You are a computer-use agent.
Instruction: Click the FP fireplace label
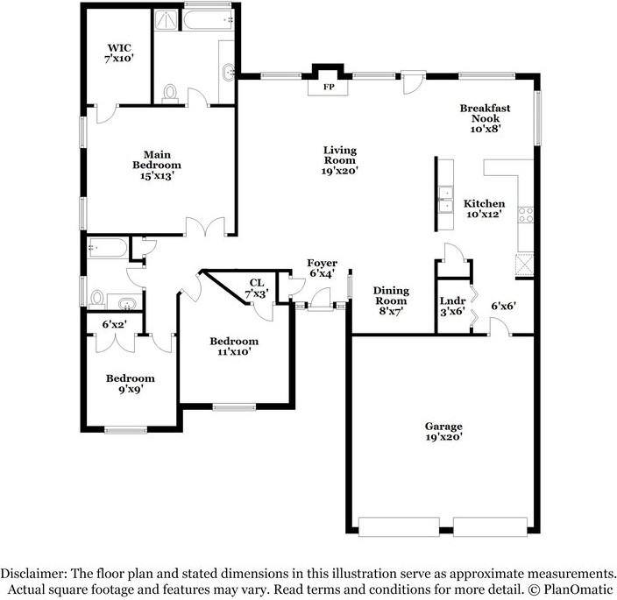click(329, 88)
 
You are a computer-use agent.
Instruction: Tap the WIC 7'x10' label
click(119, 53)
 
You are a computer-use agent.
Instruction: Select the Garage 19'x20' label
click(443, 431)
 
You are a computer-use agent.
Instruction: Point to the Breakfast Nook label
click(486, 118)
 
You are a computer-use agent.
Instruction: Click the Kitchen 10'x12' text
click(484, 208)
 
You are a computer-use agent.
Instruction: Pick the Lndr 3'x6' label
click(452, 306)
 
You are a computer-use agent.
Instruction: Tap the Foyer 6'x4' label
click(323, 268)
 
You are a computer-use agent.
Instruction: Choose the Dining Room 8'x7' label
click(391, 300)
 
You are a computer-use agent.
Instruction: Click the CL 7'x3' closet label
click(257, 288)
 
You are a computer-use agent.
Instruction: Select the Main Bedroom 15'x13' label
click(157, 165)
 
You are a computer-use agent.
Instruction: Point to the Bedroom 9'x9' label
click(131, 384)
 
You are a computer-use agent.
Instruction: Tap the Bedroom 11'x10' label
click(234, 346)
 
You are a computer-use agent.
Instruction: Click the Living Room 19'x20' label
click(340, 160)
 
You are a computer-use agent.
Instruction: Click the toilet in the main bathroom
click(170, 94)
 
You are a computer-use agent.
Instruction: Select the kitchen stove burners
click(525, 215)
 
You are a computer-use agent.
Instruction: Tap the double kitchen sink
click(446, 200)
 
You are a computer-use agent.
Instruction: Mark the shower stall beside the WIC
click(166, 19)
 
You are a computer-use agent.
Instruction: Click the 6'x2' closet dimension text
click(114, 324)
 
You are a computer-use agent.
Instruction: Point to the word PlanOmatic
click(578, 589)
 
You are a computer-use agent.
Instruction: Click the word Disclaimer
click(33, 573)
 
